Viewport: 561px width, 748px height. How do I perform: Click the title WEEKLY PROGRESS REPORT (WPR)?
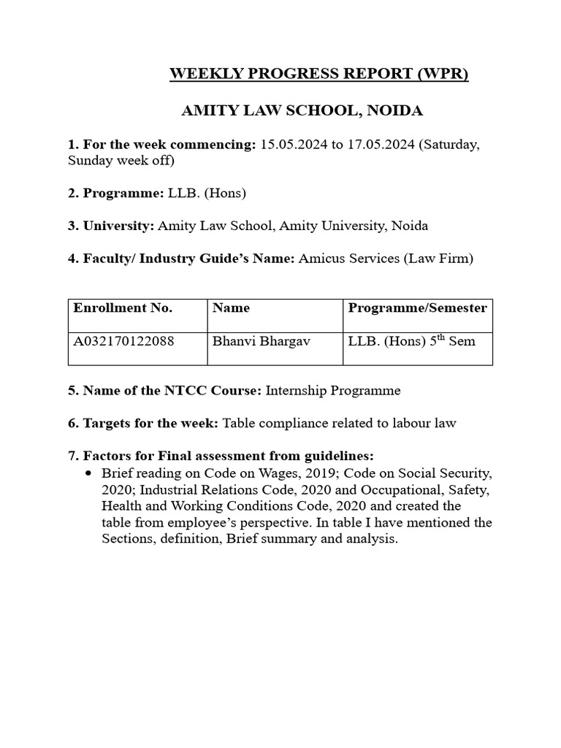click(x=318, y=75)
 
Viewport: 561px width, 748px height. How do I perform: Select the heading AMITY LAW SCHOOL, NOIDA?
click(x=302, y=112)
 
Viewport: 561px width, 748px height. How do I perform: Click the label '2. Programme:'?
click(x=116, y=194)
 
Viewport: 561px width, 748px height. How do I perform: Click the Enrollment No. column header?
click(x=123, y=308)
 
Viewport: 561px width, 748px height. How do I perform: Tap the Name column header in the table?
click(x=231, y=308)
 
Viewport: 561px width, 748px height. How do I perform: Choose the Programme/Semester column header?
click(x=417, y=308)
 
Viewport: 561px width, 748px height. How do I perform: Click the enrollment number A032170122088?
click(x=124, y=341)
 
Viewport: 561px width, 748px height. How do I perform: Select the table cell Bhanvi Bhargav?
click(x=252, y=341)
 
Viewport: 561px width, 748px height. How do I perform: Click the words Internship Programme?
click(x=333, y=391)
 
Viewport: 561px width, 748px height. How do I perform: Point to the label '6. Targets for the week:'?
click(x=143, y=424)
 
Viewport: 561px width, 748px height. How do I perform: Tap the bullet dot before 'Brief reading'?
click(x=89, y=473)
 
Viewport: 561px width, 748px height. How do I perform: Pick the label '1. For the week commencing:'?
click(x=161, y=145)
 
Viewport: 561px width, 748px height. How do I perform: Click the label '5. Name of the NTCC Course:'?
click(x=164, y=391)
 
